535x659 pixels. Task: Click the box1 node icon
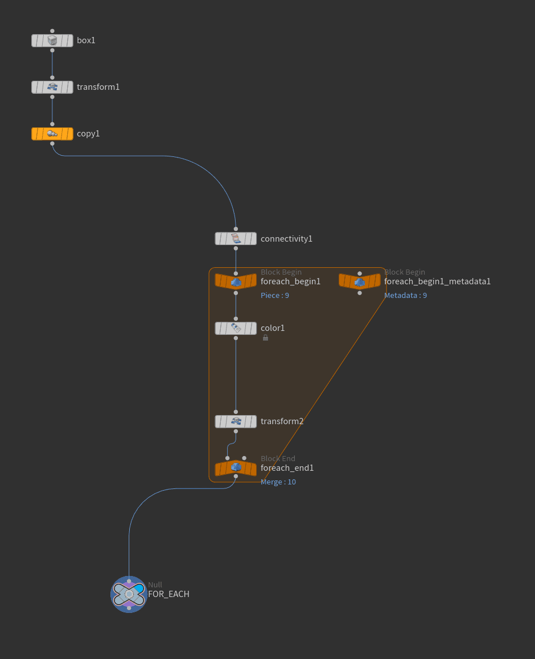click(52, 40)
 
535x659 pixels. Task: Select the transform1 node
click(52, 87)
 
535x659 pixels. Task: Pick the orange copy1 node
click(52, 134)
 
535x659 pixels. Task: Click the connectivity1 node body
click(236, 239)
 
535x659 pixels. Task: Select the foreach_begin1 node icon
click(236, 281)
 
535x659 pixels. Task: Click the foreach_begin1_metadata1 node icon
click(360, 281)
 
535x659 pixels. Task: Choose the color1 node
click(236, 328)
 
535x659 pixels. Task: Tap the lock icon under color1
click(265, 338)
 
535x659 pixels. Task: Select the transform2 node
click(236, 421)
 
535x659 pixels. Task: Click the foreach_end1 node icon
click(236, 468)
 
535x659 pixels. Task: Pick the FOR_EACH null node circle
click(129, 594)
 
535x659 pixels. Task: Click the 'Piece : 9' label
click(275, 296)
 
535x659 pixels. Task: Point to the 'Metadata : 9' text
click(405, 296)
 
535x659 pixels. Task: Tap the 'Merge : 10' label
click(278, 482)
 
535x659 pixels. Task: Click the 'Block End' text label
click(278, 458)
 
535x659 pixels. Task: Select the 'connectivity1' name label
click(286, 239)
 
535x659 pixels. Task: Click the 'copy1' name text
click(88, 134)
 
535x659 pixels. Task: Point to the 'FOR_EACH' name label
click(168, 594)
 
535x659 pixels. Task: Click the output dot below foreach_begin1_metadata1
click(360, 293)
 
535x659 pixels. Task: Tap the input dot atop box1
click(52, 31)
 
